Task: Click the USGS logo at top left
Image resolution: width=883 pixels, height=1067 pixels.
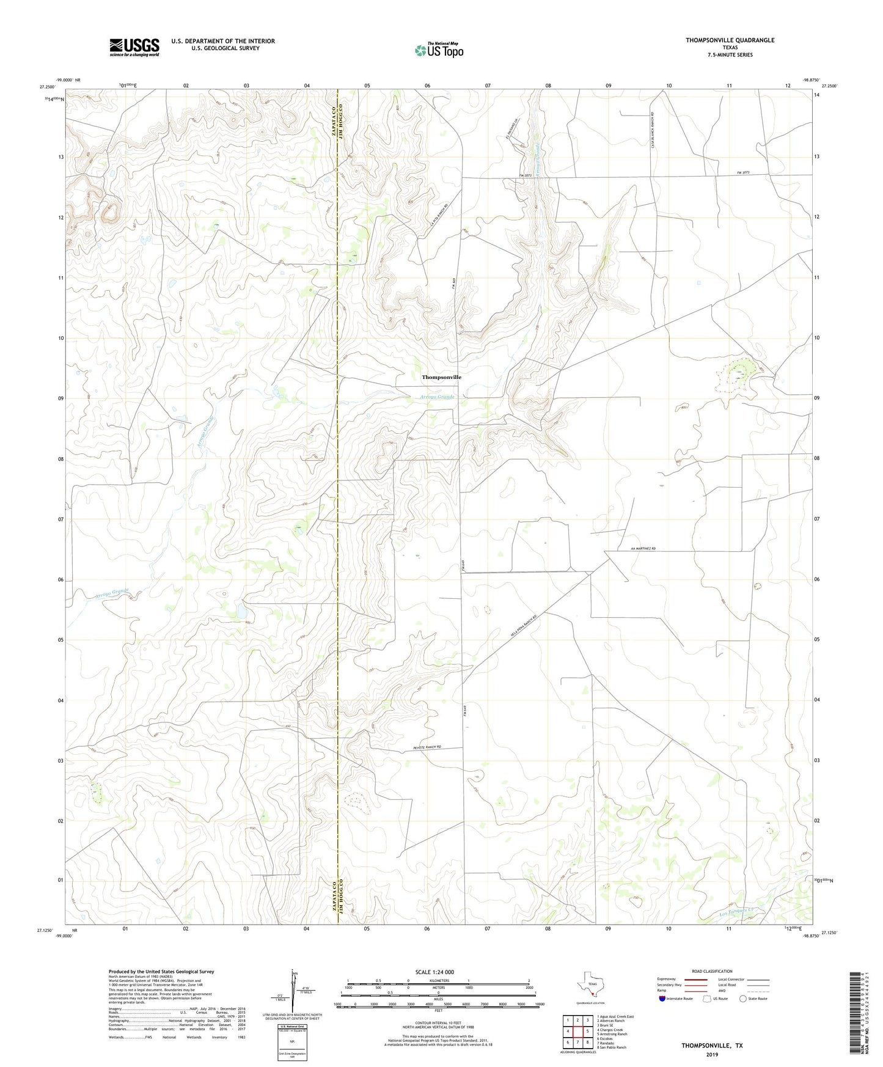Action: (134, 47)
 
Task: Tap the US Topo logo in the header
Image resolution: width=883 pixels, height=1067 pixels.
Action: (439, 50)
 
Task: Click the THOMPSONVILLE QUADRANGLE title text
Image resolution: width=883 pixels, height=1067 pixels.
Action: (730, 40)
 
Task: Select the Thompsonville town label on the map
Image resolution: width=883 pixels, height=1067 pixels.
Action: (441, 377)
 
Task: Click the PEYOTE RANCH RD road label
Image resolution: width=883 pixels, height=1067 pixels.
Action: (427, 747)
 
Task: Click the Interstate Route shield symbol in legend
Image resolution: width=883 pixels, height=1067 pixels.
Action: (662, 999)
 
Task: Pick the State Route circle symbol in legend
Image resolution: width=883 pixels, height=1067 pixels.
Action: (743, 999)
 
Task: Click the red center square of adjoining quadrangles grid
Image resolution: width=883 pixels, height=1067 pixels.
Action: (577, 1031)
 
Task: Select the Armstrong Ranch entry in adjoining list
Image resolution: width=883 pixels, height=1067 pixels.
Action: (613, 1034)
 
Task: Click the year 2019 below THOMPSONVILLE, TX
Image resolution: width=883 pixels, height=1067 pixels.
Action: (712, 1054)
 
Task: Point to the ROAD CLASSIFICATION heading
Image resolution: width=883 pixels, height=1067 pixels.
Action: (712, 971)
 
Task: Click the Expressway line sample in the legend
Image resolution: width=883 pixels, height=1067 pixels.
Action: (691, 979)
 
